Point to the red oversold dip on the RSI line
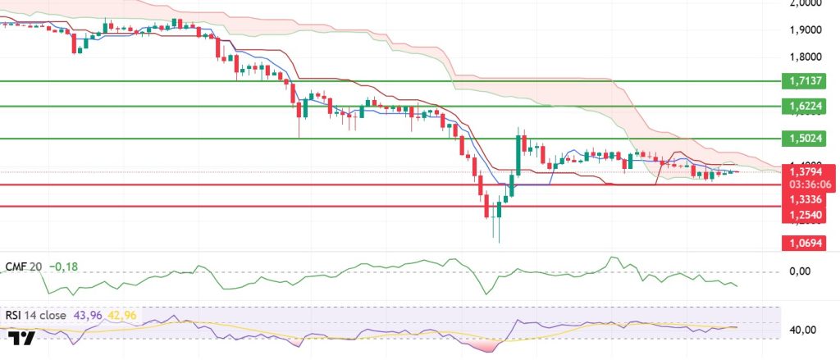(x=483, y=344)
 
